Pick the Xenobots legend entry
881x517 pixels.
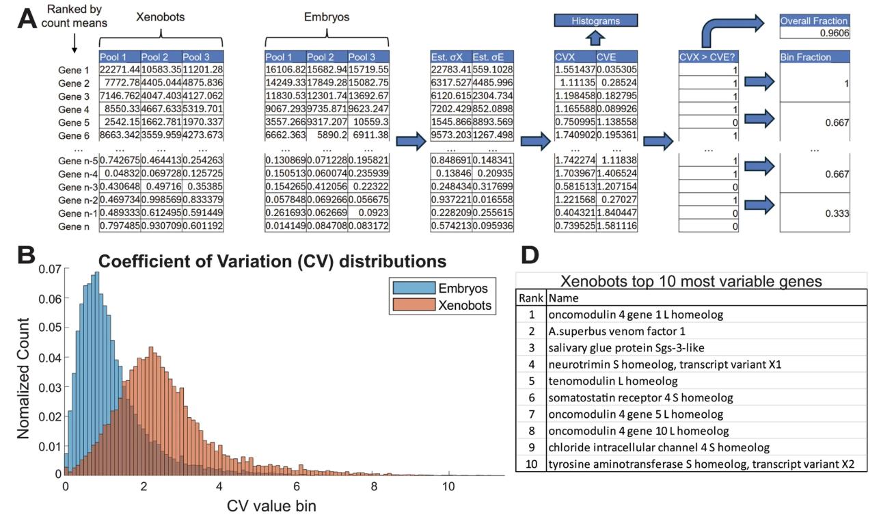tap(442, 305)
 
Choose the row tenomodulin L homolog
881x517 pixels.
tap(612, 381)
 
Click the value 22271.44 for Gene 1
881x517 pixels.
tap(120, 70)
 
